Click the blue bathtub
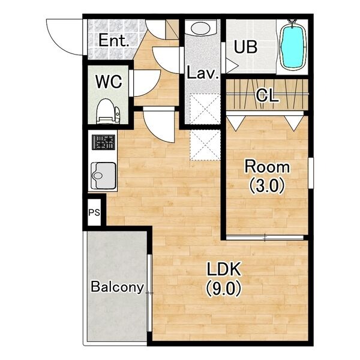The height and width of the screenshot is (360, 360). coord(293,46)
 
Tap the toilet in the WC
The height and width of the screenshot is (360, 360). coord(108,111)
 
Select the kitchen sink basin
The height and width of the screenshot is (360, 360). coord(103,176)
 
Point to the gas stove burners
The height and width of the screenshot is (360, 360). coord(103,142)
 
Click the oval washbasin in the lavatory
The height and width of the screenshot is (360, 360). coord(200,28)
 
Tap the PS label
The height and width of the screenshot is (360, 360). coord(94,212)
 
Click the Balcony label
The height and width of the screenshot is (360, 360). coord(118,287)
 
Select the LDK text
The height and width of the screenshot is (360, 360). coord(224,269)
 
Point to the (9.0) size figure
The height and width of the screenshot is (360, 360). coord(224,289)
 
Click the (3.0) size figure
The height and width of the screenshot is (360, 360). coord(267,185)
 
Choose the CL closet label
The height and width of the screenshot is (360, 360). coord(267,95)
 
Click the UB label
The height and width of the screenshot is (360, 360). coord(245,47)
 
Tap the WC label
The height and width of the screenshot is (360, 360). coord(109,82)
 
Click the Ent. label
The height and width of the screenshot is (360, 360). coord(113,40)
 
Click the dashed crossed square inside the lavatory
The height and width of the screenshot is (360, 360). coord(205,109)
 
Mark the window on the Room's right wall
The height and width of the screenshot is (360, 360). coord(311,173)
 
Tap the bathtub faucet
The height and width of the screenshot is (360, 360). coord(292,22)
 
